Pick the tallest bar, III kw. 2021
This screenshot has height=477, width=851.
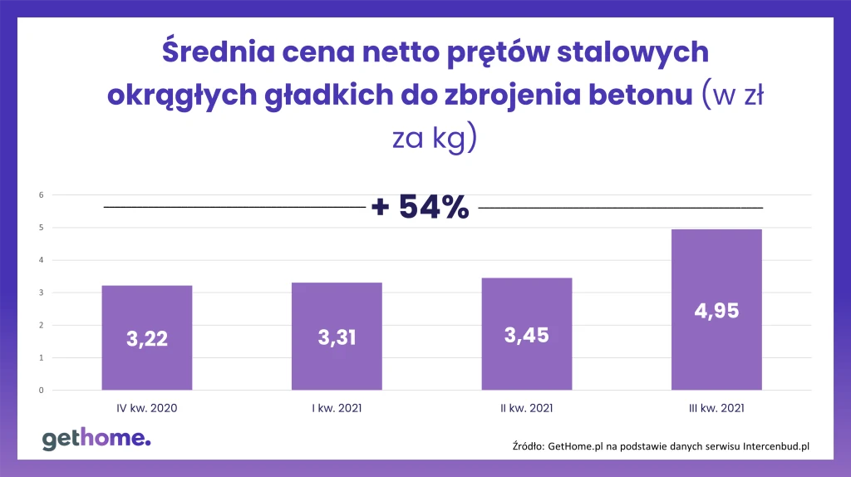coord(716,274)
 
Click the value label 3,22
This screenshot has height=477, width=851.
coord(147,339)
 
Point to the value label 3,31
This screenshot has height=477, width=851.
coord(337,337)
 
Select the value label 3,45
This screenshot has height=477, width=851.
coord(527,335)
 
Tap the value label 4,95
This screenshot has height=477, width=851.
coord(716,312)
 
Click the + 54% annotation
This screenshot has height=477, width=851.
coord(421,207)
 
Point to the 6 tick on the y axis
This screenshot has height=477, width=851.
coord(41,195)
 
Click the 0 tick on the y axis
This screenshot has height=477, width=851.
coord(41,390)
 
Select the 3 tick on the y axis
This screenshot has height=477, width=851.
coord(41,293)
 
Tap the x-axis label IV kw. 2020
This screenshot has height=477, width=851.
coord(147,408)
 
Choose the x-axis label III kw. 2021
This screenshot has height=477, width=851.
coord(716,408)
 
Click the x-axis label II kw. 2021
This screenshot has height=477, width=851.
coord(527,408)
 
